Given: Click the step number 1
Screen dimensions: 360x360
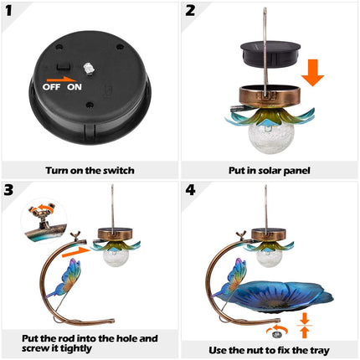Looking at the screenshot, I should tap(11, 12).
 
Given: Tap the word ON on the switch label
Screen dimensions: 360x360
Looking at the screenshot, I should tap(75, 86).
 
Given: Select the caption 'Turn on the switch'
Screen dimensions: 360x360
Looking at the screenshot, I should tap(90, 170).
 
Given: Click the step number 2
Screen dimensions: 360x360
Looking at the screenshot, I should tap(192, 12).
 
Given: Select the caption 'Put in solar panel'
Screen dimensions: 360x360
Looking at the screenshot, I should tap(270, 170).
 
